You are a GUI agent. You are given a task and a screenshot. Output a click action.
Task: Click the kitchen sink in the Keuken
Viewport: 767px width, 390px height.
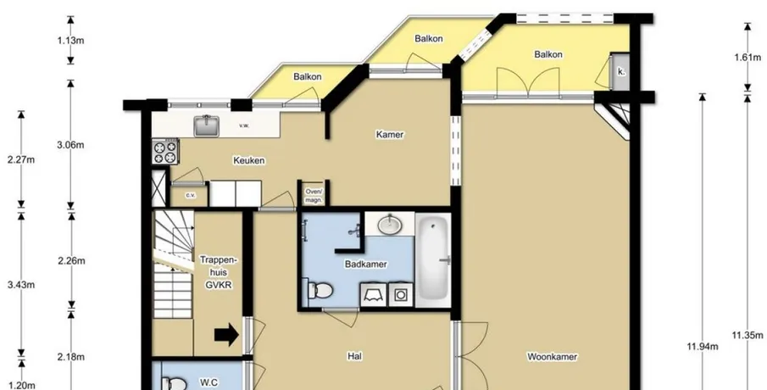click(207, 125)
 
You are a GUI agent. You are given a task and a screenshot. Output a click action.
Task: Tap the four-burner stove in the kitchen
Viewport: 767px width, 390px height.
click(165, 152)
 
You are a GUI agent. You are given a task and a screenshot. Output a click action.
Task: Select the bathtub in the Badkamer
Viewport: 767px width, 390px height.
click(433, 259)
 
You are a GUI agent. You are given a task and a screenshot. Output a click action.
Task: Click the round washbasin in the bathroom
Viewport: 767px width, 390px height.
click(390, 225)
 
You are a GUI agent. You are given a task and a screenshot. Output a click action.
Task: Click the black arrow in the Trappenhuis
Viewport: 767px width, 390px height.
click(226, 336)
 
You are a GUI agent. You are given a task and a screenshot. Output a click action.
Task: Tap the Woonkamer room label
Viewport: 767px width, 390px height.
click(552, 357)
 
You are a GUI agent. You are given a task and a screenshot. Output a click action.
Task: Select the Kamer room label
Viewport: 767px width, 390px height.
click(390, 134)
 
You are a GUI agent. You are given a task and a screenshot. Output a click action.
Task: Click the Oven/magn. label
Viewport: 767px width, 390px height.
click(314, 196)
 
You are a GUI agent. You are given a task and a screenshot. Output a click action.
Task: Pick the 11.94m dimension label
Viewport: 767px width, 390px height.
click(702, 347)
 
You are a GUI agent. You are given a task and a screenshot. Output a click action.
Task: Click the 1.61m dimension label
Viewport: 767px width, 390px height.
click(748, 58)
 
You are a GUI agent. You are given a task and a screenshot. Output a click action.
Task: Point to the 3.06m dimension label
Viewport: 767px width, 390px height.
click(71, 145)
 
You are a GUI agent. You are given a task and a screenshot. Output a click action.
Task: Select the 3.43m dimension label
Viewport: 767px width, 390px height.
click(21, 285)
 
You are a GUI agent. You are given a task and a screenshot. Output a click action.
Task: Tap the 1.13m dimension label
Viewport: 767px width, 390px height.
click(70, 40)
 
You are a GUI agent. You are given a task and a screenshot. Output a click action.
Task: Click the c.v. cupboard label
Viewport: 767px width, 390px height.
click(191, 195)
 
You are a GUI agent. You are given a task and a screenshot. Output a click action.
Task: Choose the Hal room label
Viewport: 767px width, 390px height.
click(354, 356)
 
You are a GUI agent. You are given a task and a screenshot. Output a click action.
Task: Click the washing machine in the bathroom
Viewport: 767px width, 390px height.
click(401, 295)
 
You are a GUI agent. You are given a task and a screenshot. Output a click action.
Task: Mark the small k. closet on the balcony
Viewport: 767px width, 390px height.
click(620, 71)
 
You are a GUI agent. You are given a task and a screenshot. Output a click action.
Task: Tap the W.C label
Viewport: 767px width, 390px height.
click(208, 382)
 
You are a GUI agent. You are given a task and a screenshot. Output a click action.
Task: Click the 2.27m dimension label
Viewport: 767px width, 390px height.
click(21, 159)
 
